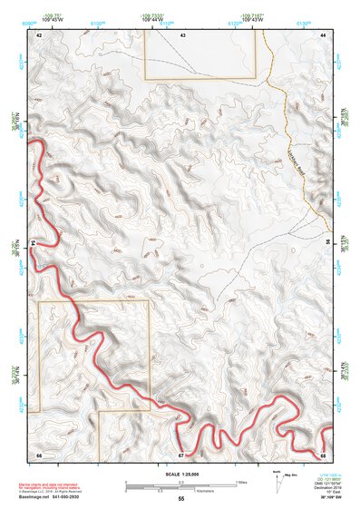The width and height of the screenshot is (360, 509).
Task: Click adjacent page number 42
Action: (39, 34)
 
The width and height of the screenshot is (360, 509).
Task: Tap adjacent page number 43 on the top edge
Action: (182, 34)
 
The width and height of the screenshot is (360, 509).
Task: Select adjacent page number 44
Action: (324, 34)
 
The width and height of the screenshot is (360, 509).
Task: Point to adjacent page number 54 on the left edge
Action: (32, 243)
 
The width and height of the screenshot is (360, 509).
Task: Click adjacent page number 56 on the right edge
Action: (328, 243)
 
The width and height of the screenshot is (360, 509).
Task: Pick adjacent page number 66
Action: (39, 453)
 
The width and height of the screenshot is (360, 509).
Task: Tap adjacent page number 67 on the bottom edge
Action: (181, 453)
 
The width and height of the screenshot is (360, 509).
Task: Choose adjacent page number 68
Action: (324, 453)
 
